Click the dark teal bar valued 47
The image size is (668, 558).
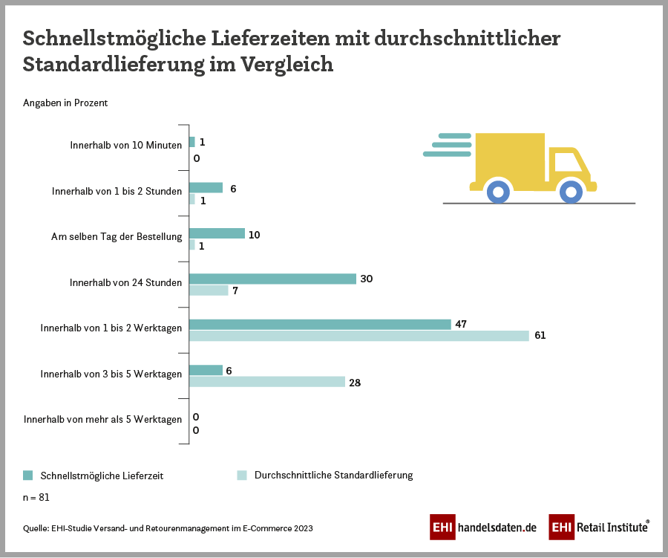(320, 324)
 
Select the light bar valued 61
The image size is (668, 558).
(359, 336)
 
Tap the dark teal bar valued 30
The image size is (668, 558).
(272, 279)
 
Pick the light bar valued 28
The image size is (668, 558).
(267, 382)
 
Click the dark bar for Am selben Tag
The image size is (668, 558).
(217, 233)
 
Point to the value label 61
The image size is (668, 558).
(540, 336)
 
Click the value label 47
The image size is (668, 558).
(462, 324)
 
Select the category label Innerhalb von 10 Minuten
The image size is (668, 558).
(125, 145)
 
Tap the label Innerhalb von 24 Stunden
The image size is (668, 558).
(125, 282)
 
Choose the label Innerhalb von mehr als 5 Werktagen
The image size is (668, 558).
(102, 419)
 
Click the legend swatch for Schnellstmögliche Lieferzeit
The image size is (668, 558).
(28, 475)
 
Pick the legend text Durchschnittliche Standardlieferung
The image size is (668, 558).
(333, 475)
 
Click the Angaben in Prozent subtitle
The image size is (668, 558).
(65, 103)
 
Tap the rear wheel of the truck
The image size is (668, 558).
(498, 192)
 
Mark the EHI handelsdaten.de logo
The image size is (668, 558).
(483, 528)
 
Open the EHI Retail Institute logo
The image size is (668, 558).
(600, 528)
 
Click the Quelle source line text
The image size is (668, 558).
(168, 528)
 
